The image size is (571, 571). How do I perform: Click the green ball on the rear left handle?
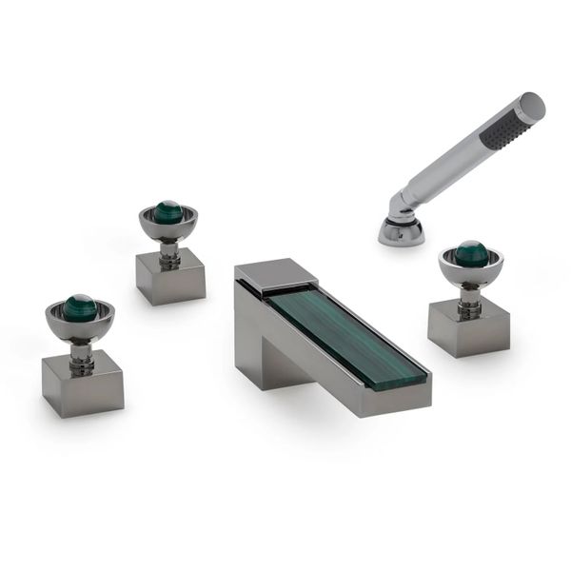click(x=168, y=210)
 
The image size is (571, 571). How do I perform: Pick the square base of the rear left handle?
click(x=169, y=279)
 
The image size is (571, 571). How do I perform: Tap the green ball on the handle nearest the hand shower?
click(x=470, y=253)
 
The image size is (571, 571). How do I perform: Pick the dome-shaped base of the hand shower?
click(x=401, y=231)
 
